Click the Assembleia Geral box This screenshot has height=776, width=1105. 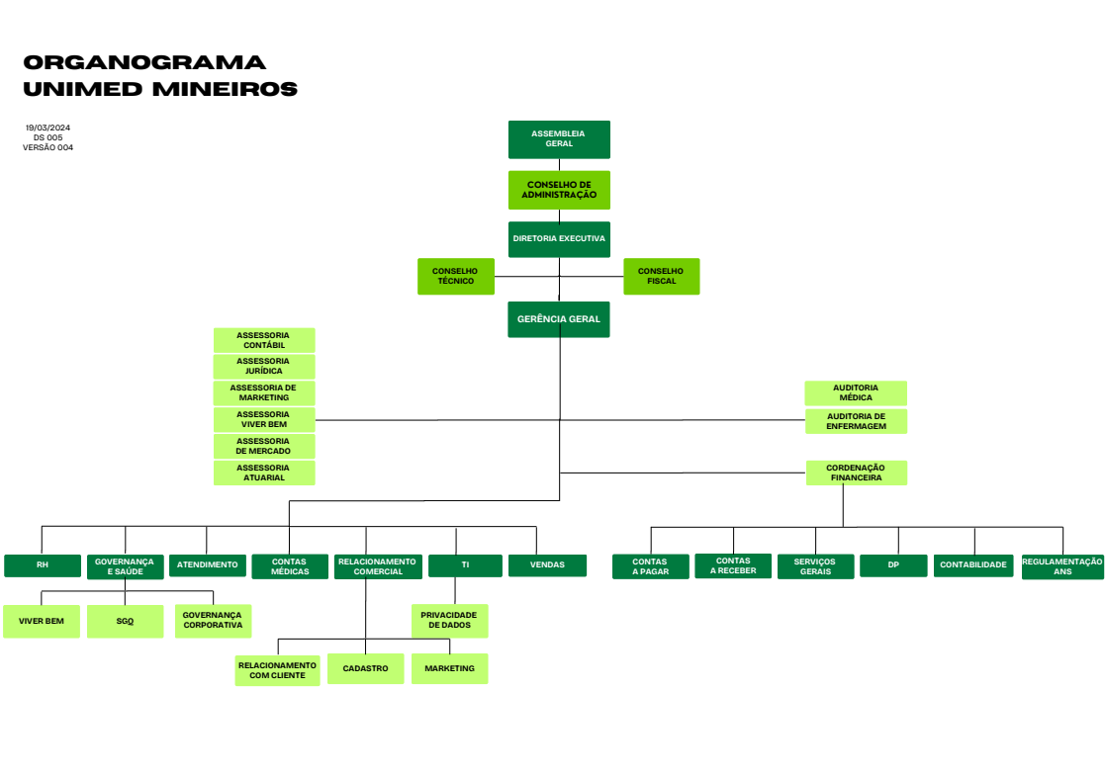(559, 139)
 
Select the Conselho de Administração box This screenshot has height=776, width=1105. (559, 190)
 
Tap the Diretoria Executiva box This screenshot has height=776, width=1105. (559, 239)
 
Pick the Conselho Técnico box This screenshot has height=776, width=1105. (456, 276)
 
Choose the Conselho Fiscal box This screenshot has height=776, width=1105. (661, 276)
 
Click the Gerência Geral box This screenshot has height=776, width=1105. (559, 319)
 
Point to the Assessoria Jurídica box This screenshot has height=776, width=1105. (264, 366)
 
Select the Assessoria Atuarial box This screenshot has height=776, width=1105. (264, 474)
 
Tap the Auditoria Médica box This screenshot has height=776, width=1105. (856, 392)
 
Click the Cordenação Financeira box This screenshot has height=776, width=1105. (856, 473)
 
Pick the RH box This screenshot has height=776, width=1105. (43, 565)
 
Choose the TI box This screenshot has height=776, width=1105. (465, 565)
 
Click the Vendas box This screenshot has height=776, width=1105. (548, 565)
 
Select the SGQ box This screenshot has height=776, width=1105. (125, 621)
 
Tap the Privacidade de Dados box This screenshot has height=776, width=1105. (449, 621)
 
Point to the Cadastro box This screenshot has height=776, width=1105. (365, 668)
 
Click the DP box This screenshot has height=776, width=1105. (893, 565)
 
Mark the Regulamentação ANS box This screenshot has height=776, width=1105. (1062, 566)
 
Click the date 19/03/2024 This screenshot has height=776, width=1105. (47, 129)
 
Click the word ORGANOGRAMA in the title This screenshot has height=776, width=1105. (144, 62)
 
